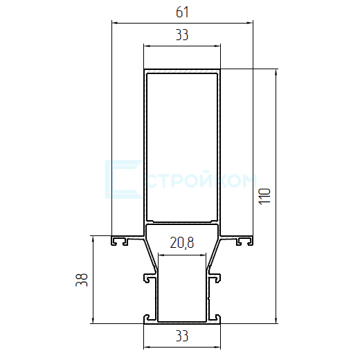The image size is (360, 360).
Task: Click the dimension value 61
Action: pos(182,12)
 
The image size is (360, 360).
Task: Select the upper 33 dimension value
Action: pos(182,35)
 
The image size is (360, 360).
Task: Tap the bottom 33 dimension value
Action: pos(182,336)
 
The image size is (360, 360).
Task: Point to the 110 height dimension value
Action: pos(264,197)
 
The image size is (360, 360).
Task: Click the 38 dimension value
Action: pos(82,280)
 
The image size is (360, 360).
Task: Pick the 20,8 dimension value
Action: pos(182,243)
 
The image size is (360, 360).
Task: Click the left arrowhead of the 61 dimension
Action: pos(115,23)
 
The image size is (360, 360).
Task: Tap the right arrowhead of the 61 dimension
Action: pos(250,23)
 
